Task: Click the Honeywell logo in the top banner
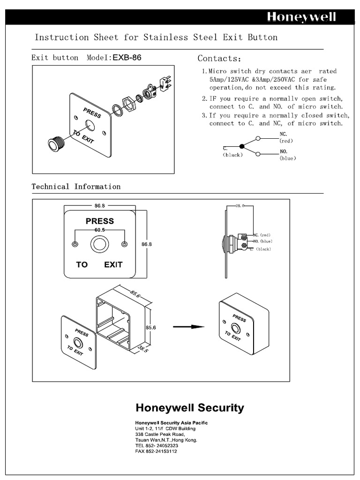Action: tap(301, 17)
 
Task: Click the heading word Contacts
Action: tap(219, 59)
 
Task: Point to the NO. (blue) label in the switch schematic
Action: tap(287, 155)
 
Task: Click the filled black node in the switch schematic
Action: tap(242, 146)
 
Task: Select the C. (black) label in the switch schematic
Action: tap(232, 152)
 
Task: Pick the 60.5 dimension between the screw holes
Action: tap(99, 230)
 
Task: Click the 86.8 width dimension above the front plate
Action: tap(99, 205)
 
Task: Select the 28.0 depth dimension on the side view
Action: tap(240, 205)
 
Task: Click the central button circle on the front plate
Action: tap(99, 244)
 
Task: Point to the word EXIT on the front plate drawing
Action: tap(113, 264)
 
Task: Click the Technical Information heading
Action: tap(76, 187)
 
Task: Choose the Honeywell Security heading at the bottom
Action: tap(189, 407)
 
